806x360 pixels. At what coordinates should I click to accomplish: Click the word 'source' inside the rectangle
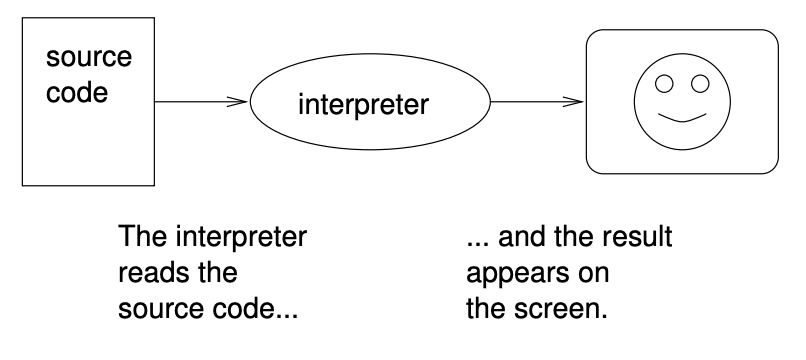click(89, 57)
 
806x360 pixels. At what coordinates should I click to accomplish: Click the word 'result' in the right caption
click(639, 240)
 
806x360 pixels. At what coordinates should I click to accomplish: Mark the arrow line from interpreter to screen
click(530, 101)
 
